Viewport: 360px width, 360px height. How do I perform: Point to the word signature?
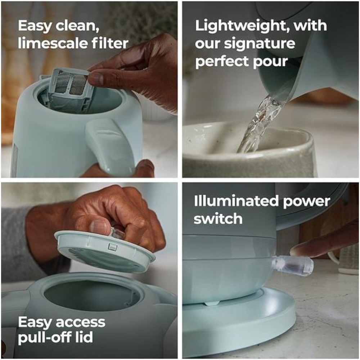click(x=260, y=44)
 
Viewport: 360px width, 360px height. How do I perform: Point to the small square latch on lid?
click(x=112, y=247)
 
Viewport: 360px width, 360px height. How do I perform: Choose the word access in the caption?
click(x=80, y=322)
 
